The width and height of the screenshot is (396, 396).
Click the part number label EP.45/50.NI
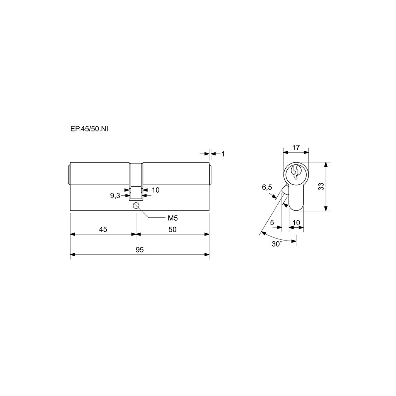89,129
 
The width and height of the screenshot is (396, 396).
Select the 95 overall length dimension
139,250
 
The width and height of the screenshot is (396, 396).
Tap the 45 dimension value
103,229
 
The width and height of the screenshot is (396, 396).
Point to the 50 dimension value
172,229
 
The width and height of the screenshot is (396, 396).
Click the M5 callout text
173,218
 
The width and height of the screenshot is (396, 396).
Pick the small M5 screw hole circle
137,205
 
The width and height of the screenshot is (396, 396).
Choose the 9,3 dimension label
115,196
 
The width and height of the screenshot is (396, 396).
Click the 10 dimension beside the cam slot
156,190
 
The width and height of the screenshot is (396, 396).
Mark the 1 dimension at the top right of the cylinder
223,154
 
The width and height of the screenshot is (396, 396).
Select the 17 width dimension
296,147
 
